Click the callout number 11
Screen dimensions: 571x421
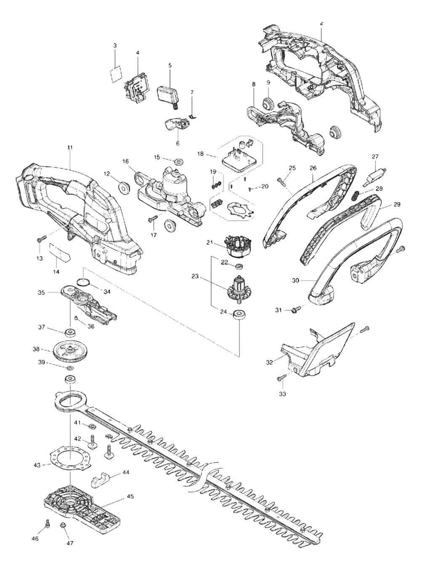tap(70, 147)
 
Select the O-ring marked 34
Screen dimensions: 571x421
tap(83, 283)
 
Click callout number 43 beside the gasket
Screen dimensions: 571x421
tap(37, 465)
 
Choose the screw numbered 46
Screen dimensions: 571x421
tap(48, 523)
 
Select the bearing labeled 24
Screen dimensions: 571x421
tap(240, 314)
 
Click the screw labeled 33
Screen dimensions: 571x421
tap(280, 378)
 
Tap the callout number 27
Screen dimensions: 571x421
tap(375, 157)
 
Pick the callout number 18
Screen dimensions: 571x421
tap(200, 154)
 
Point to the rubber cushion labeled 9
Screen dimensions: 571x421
tap(266, 103)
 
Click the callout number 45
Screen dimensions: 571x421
tap(130, 497)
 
